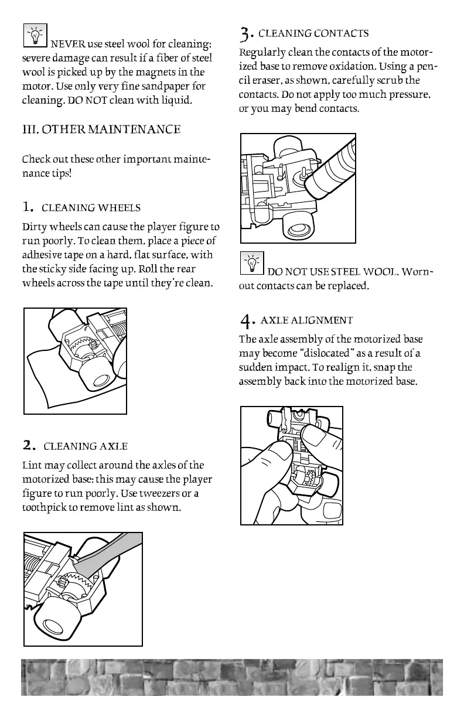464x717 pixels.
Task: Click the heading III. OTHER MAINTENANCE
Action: (x=101, y=129)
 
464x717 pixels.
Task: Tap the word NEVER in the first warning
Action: (x=69, y=45)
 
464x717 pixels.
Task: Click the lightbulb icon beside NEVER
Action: (x=35, y=36)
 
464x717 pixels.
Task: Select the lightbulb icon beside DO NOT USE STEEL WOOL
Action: (x=253, y=262)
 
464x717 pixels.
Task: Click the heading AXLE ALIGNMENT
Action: (x=306, y=320)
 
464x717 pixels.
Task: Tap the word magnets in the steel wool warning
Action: (x=154, y=73)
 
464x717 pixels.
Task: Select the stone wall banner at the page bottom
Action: (x=232, y=677)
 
